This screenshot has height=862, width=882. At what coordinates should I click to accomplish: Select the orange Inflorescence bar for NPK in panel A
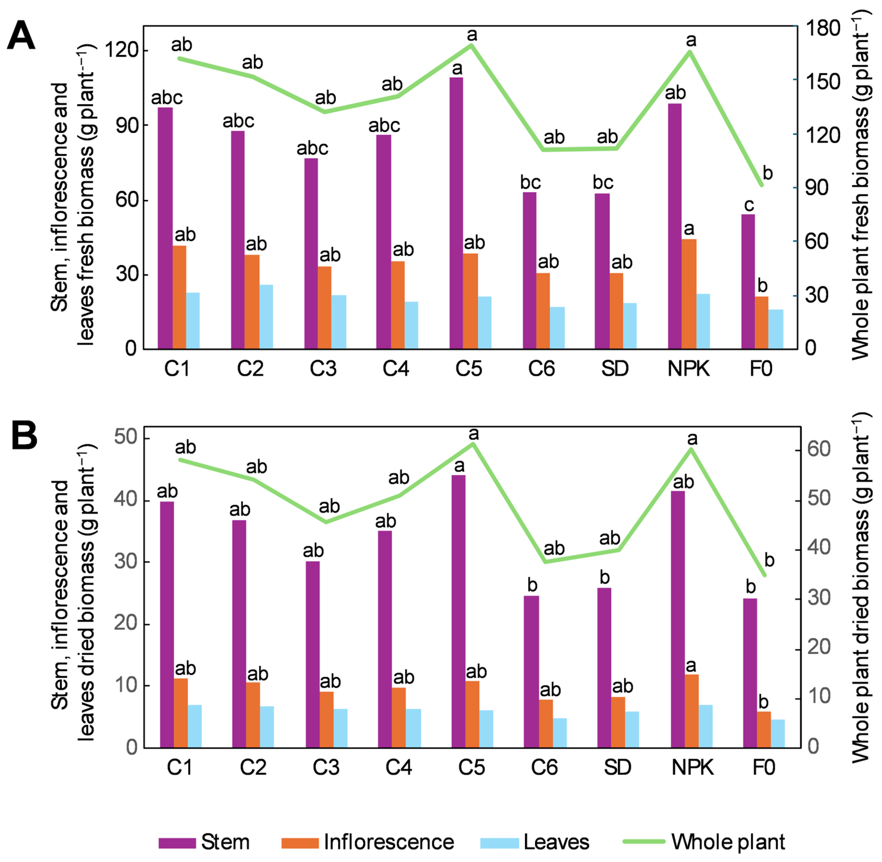(689, 294)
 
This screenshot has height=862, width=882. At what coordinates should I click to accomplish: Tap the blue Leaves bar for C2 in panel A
(266, 317)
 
